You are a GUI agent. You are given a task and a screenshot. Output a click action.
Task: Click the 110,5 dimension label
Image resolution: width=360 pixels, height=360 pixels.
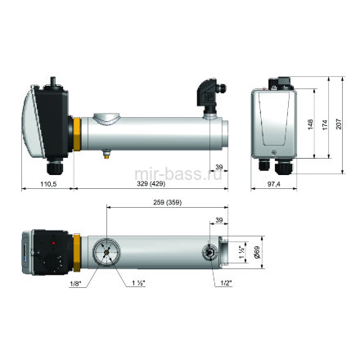pyautogui.click(x=48, y=184)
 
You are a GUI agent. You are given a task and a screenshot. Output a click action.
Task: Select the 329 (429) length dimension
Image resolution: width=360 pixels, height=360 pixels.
pyautogui.click(x=151, y=184)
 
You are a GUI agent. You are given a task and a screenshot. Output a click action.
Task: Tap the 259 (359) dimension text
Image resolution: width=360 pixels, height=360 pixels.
pyautogui.click(x=167, y=202)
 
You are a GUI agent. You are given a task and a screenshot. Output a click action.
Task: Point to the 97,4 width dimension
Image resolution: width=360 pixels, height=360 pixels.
pyautogui.click(x=273, y=184)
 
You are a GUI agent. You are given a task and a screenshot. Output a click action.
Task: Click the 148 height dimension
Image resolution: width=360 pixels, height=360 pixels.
pyautogui.click(x=310, y=124)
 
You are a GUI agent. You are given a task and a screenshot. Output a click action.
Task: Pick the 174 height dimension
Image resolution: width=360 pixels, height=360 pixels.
pyautogui.click(x=325, y=124)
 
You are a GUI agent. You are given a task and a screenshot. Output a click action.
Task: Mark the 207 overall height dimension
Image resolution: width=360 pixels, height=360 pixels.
pyautogui.click(x=339, y=124)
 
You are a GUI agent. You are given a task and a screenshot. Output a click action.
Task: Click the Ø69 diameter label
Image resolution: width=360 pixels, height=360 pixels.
pyautogui.click(x=257, y=252)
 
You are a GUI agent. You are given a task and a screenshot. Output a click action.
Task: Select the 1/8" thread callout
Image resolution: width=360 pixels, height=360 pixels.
pyautogui.click(x=75, y=284)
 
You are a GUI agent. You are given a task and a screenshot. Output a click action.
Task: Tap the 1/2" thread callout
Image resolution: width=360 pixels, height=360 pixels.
pyautogui.click(x=226, y=284)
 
